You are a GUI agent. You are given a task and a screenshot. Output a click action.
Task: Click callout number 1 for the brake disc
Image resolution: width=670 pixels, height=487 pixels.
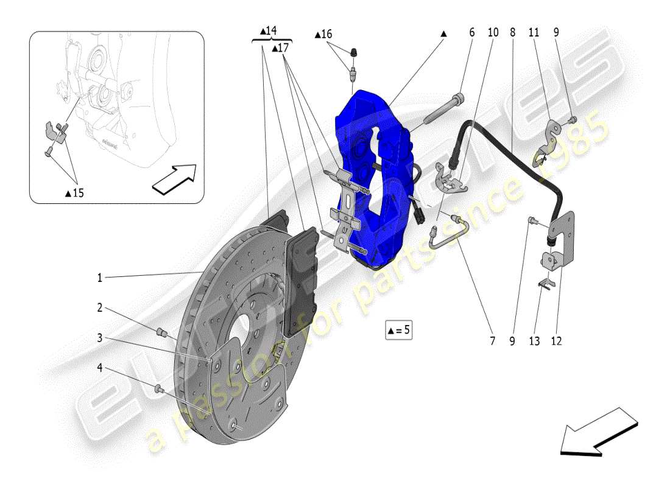tap(100, 278)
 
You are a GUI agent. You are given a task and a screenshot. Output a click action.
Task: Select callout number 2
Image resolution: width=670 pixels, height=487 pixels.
tap(100, 308)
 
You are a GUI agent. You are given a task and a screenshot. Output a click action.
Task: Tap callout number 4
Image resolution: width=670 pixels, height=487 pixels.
tap(100, 368)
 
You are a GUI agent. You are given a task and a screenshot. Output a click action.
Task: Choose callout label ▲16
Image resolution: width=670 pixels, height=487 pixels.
tap(323, 35)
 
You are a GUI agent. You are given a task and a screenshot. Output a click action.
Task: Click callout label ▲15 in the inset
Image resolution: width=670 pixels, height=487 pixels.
tap(74, 193)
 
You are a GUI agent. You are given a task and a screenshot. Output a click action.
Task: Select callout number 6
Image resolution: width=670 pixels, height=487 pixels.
tap(471, 33)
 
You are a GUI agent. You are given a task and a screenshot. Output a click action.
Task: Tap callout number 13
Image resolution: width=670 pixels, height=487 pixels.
tap(534, 342)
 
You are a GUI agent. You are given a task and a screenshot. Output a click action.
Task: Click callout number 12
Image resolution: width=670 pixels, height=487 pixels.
tap(555, 342)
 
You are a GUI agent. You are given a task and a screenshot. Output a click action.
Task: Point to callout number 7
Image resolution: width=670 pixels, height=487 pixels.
tap(492, 342)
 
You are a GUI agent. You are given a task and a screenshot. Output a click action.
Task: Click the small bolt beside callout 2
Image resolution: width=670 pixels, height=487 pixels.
tap(162, 332)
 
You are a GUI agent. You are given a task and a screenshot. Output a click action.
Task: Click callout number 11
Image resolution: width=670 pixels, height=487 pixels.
tap(534, 33)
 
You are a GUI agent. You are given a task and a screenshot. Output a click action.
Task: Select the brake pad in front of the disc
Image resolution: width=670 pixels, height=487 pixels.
tap(302, 280)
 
